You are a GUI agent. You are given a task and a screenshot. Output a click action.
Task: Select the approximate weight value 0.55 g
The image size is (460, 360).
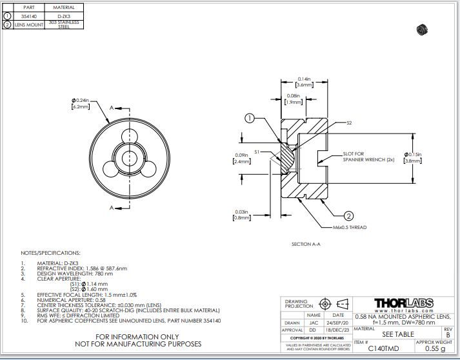click(x=435, y=348)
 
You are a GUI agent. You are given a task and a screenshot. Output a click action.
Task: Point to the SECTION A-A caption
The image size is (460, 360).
click(x=306, y=245)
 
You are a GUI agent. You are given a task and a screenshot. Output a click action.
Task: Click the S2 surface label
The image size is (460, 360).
click(x=349, y=123)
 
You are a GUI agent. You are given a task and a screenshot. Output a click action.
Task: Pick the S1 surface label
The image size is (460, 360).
click(x=257, y=151)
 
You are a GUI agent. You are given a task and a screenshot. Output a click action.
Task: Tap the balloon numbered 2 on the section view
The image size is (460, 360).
click(x=348, y=216)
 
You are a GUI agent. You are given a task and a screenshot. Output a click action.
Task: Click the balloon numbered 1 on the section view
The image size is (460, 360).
click(x=250, y=118)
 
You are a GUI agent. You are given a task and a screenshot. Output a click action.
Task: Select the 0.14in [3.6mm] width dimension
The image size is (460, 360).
click(x=304, y=82)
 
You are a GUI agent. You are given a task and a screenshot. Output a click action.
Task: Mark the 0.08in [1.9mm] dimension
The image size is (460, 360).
click(x=294, y=99)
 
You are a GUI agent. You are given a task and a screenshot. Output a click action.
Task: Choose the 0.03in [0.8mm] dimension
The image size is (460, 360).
click(x=243, y=215)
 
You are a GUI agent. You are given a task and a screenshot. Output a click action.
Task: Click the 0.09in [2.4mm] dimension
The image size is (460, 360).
click(x=243, y=159)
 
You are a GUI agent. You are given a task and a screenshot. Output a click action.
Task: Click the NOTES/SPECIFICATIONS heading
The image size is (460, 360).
click(x=50, y=253)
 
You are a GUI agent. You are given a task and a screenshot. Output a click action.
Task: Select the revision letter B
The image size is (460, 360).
click(x=448, y=335)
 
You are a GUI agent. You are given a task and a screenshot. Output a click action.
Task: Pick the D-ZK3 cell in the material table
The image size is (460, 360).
click(x=64, y=15)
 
